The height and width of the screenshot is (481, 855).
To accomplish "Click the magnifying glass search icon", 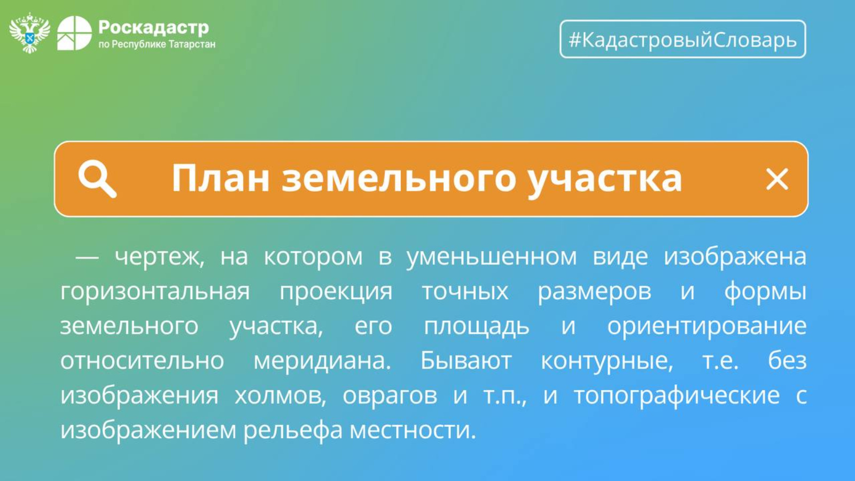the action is pyautogui.click(x=97, y=179).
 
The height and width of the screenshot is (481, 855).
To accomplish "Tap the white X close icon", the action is pyautogui.click(x=777, y=179).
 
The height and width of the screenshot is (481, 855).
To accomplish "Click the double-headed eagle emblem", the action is pyautogui.click(x=29, y=33).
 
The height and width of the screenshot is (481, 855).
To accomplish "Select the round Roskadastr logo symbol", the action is pyautogui.click(x=74, y=33).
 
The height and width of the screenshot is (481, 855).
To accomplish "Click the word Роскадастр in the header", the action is pyautogui.click(x=153, y=27).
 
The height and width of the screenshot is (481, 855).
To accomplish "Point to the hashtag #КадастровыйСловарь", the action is pyautogui.click(x=682, y=40).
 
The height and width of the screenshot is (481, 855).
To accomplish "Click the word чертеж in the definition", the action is pyautogui.click(x=160, y=257).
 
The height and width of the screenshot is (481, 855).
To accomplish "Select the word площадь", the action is pyautogui.click(x=477, y=327).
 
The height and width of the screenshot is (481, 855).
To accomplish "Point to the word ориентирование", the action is pyautogui.click(x=707, y=327).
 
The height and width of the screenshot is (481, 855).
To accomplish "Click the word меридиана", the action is pyautogui.click(x=323, y=360).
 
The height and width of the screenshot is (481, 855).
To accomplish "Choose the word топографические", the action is pyautogui.click(x=677, y=395).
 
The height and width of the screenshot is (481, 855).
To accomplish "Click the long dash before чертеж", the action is pyautogui.click(x=87, y=258).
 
